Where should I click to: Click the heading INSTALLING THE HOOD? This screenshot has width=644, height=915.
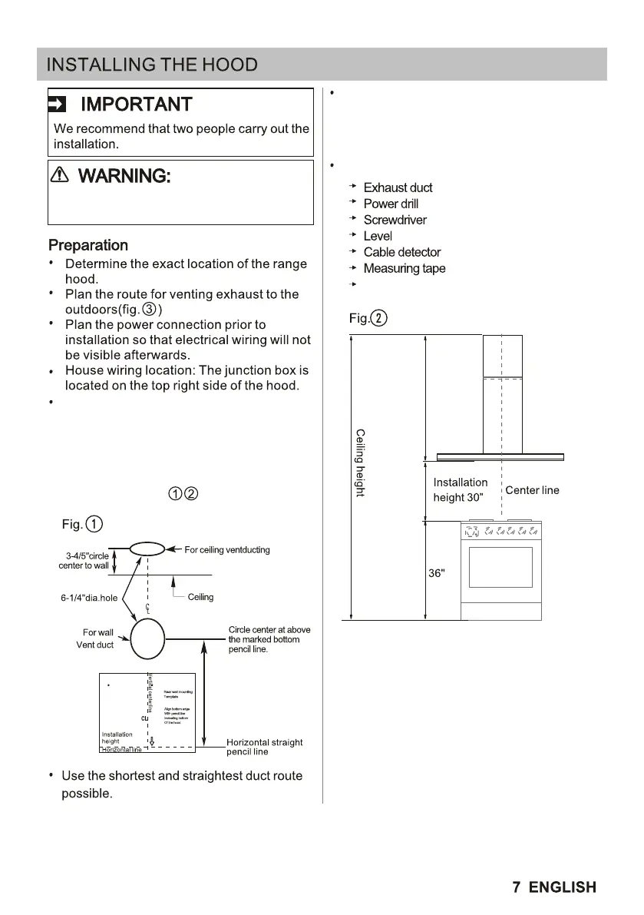(x=152, y=65)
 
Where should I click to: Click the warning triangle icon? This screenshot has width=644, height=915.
(x=59, y=175)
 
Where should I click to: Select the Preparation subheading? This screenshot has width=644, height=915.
(x=88, y=246)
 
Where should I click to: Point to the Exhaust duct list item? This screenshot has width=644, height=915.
(x=398, y=187)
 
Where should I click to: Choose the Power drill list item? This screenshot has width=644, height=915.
(x=391, y=204)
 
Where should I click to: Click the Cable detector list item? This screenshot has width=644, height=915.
(x=401, y=252)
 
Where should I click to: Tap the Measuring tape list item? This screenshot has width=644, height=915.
(x=404, y=268)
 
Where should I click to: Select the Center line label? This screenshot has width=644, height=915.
(x=532, y=490)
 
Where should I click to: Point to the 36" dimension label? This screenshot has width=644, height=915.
(x=436, y=574)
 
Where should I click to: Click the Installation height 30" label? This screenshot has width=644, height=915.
(x=460, y=489)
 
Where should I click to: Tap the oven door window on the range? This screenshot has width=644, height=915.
(x=500, y=567)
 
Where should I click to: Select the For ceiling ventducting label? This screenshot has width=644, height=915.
(x=227, y=550)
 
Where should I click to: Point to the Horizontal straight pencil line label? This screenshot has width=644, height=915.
(x=264, y=747)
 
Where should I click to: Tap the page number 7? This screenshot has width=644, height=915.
(x=517, y=887)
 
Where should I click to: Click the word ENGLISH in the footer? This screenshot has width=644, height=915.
(x=562, y=887)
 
